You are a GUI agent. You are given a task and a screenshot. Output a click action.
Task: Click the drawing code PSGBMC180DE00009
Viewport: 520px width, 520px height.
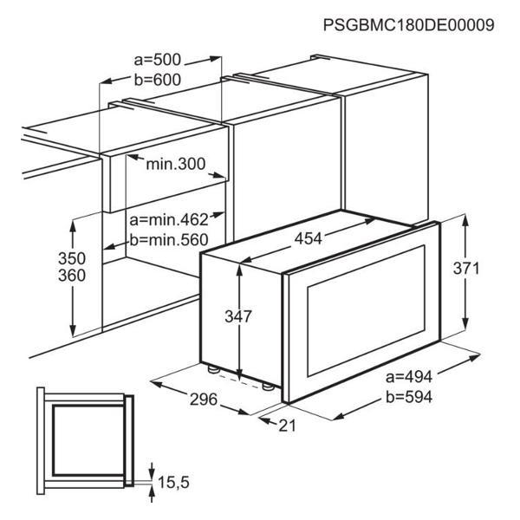[408, 24]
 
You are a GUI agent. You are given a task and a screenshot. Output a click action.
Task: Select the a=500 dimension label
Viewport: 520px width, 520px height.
[158, 60]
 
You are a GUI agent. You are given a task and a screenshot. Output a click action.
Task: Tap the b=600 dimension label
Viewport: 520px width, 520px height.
[158, 80]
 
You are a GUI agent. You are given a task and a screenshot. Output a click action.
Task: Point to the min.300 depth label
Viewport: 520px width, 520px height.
[176, 164]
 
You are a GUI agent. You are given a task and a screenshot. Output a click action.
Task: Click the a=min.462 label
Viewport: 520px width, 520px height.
[169, 219]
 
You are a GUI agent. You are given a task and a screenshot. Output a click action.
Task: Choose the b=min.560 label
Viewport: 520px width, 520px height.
[169, 240]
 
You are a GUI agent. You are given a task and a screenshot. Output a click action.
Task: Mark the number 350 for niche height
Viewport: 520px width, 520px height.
[72, 258]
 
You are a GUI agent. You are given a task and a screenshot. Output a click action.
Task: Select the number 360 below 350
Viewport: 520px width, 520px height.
[72, 276]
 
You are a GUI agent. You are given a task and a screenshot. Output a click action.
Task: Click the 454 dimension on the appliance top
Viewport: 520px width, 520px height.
[309, 238]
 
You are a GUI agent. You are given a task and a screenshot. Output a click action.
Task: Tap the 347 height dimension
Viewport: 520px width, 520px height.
[238, 316]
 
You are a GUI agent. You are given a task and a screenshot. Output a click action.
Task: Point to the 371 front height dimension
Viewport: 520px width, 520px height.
[466, 269]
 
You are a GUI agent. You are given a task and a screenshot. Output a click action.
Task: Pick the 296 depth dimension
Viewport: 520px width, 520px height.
[204, 400]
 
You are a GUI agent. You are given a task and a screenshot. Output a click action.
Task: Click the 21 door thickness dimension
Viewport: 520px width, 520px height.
[287, 426]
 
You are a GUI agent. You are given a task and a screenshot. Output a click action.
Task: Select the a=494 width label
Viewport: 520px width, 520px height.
[409, 377]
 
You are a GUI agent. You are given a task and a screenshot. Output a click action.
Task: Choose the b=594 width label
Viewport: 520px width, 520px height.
[409, 397]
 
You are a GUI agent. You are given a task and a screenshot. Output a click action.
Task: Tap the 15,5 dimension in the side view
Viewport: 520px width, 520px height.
[173, 482]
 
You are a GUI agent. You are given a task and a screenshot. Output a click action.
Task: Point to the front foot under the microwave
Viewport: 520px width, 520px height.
[267, 387]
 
